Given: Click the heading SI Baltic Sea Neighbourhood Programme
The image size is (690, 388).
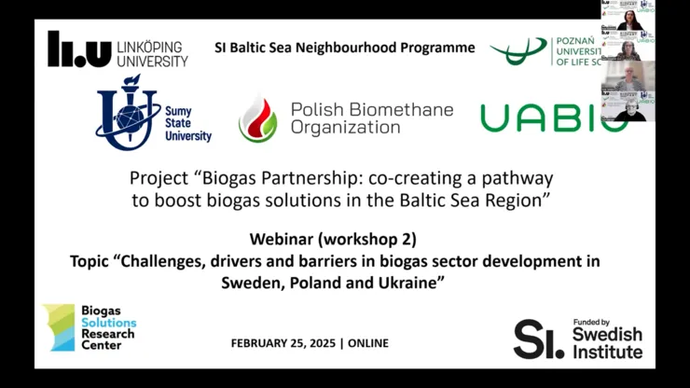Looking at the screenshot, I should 344,48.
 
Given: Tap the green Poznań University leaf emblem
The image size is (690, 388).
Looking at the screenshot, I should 518,51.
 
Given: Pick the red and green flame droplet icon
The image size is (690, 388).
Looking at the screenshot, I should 257,118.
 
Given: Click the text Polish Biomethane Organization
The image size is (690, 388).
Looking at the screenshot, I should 370,118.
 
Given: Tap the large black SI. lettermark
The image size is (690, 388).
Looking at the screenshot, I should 539,339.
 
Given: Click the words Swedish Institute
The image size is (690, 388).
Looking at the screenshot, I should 607,343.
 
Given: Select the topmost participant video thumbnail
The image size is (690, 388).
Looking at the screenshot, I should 628,15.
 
